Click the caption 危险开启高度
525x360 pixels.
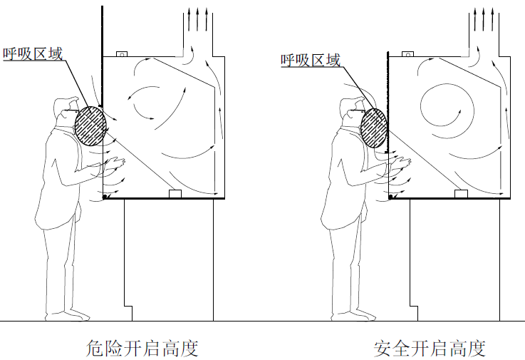click(142, 349)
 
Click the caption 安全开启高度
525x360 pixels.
click(430, 349)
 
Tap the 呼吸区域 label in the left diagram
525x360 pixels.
click(33, 53)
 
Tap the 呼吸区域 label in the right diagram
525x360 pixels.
click(311, 60)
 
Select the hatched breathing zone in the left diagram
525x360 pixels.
click(90, 126)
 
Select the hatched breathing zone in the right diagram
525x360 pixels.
click(374, 128)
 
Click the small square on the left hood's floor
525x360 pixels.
click(175, 194)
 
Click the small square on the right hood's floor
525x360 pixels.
click(461, 194)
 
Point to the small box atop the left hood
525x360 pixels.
click(122, 54)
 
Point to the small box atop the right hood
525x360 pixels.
click(407, 54)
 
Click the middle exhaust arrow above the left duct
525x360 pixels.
click(197, 19)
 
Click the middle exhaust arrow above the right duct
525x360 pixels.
click(484, 19)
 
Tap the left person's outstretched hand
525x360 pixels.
click(115, 163)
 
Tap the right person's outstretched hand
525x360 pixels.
click(401, 163)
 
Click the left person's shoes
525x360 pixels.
click(68, 316)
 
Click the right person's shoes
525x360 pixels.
click(354, 316)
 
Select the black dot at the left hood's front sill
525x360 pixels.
click(105, 197)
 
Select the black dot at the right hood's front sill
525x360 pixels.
click(390, 197)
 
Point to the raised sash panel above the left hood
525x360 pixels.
click(102, 56)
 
